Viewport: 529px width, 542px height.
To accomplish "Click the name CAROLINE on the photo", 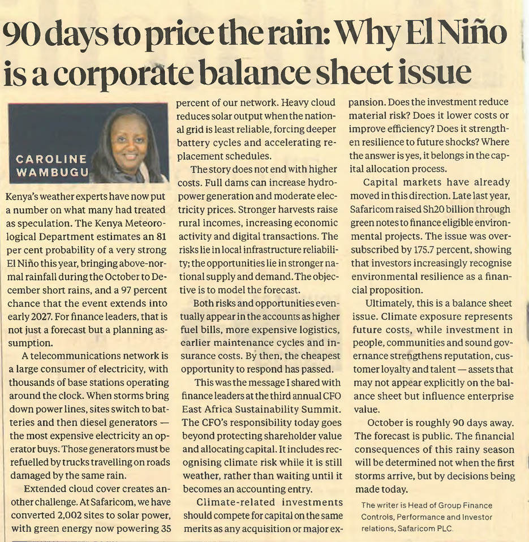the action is click(x=51, y=159).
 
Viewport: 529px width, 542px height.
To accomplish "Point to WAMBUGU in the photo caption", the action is click(x=52, y=172).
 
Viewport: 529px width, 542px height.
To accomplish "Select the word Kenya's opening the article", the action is click(x=21, y=197).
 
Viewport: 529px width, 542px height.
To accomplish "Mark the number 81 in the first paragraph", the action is click(x=161, y=237).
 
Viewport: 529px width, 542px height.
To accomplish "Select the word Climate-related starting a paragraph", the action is click(x=236, y=502).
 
